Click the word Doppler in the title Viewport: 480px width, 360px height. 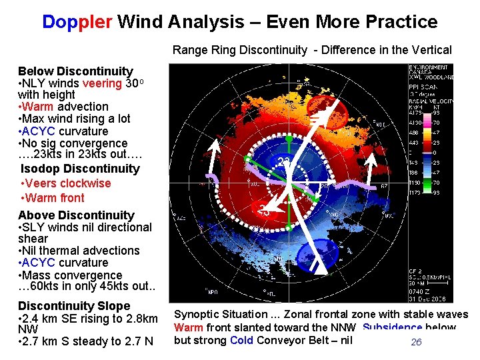pyautogui.click(x=77, y=22)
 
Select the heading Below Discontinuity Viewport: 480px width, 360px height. pyautogui.click(x=75, y=71)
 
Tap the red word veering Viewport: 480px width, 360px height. pyautogui.click(x=102, y=83)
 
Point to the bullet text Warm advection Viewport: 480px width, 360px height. pyautogui.click(x=65, y=107)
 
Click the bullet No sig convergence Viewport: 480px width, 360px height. pyautogui.click(x=74, y=143)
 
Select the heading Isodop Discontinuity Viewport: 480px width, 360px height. pyautogui.click(x=80, y=169)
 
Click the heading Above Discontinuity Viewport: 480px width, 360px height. pyautogui.click(x=76, y=215)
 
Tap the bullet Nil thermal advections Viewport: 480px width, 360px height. pyautogui.click(x=81, y=251)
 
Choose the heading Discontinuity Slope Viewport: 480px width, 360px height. pyautogui.click(x=74, y=305)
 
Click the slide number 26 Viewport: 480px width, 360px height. pyautogui.click(x=416, y=342)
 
